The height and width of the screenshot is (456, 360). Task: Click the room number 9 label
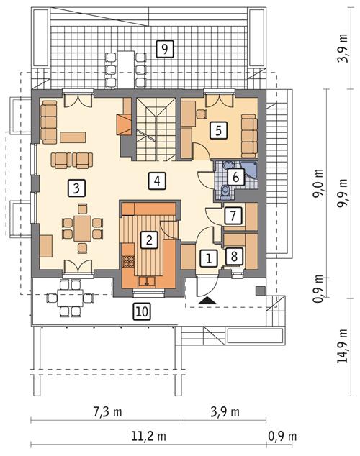pyautogui.click(x=165, y=49)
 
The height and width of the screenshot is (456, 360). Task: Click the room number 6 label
pyautogui.click(x=235, y=175)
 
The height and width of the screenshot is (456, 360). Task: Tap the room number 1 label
pyautogui.click(x=207, y=257)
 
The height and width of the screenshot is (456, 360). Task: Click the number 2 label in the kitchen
pyautogui.click(x=148, y=240)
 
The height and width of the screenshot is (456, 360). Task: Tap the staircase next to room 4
pyautogui.click(x=157, y=129)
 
